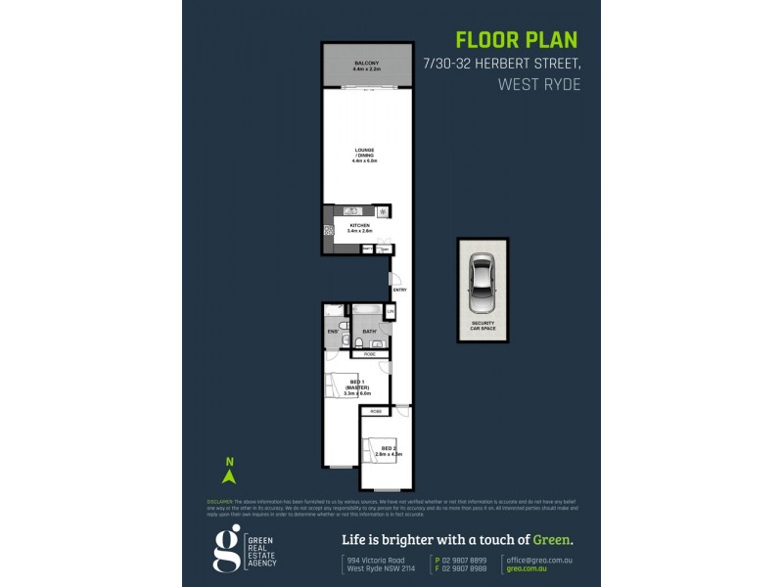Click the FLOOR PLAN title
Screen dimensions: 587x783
(517, 40)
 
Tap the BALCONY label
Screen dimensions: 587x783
(366, 66)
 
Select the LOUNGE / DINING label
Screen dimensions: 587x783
(364, 154)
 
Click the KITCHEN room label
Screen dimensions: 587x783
(359, 228)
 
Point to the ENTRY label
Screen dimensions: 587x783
(399, 291)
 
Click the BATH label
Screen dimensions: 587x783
(369, 333)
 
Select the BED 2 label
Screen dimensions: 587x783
(389, 451)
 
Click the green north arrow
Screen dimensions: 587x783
(230, 475)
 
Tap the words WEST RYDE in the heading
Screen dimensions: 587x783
(540, 84)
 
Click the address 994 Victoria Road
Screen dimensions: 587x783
(376, 560)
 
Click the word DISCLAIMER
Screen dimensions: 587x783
(220, 500)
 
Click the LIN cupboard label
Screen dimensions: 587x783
(390, 312)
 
